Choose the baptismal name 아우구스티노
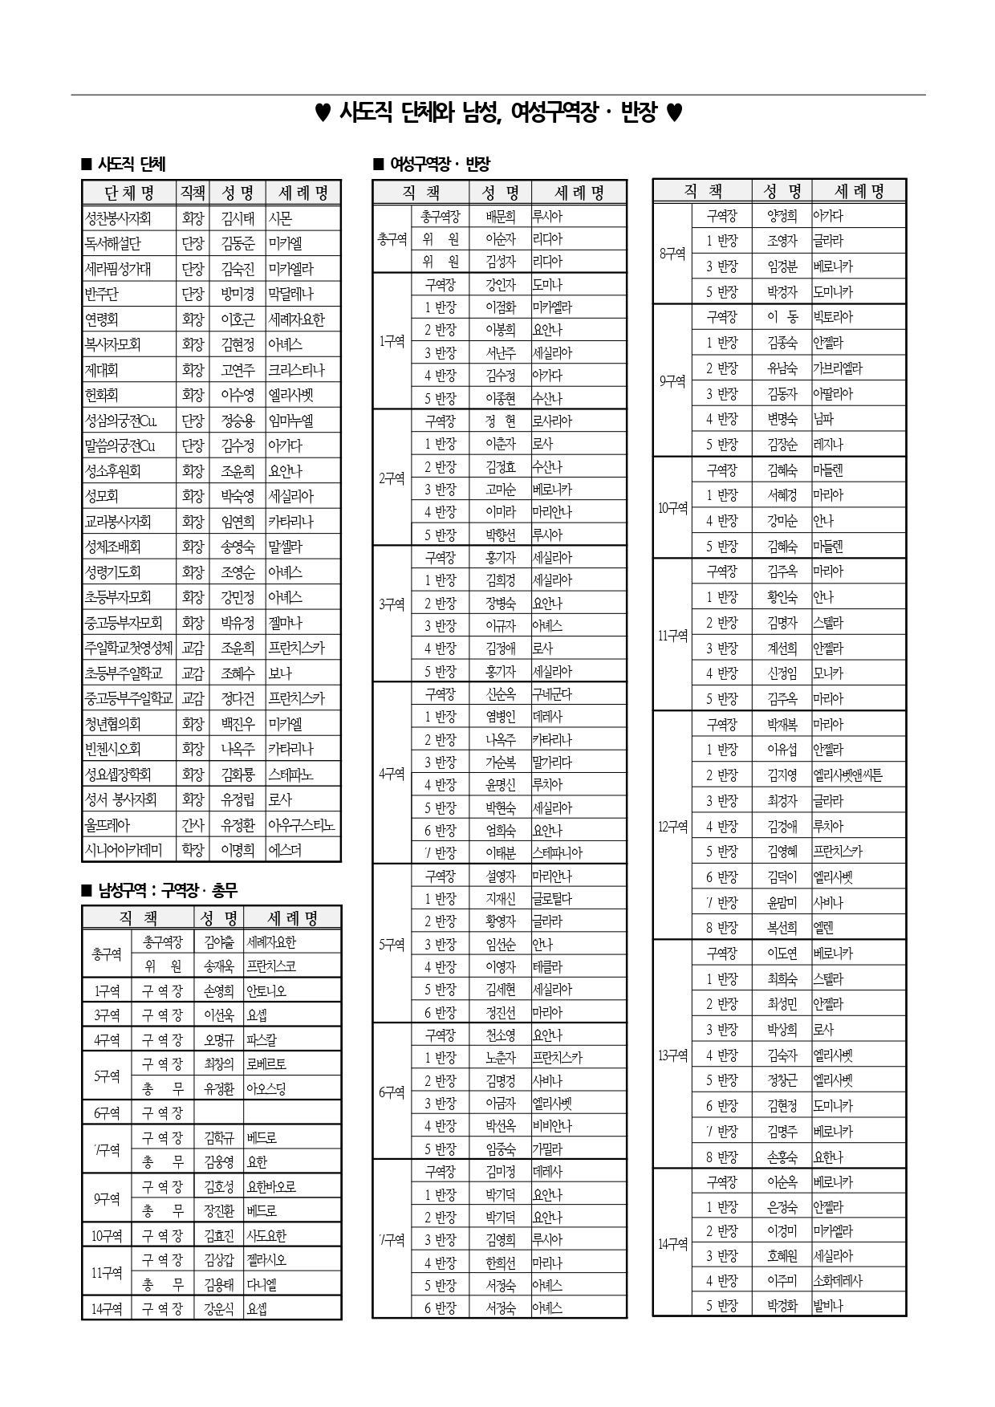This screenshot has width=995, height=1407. [301, 825]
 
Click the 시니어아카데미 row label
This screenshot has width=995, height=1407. [124, 850]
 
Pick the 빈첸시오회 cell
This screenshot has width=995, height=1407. [113, 749]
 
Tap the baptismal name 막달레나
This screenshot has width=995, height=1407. [290, 294]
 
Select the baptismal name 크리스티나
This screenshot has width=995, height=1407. [296, 370]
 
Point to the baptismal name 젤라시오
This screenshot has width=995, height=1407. [266, 1260]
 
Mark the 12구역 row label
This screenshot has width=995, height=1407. [672, 826]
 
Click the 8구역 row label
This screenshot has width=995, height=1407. [672, 254]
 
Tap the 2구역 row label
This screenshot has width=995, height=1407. [392, 478]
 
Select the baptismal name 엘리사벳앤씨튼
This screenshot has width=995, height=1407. [847, 775]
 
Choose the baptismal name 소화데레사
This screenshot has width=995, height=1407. [838, 1281]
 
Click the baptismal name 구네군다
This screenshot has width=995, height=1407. [552, 694]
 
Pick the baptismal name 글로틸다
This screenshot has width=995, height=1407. [552, 899]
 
